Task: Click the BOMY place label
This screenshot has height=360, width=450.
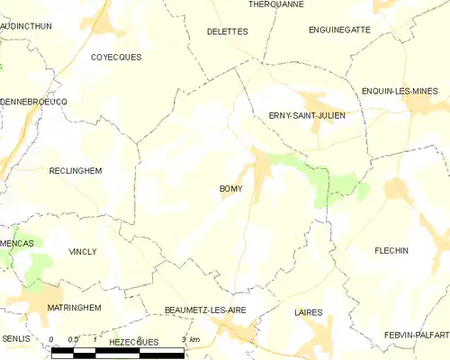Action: (229, 189)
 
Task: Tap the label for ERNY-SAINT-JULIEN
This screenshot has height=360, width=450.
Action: (307, 115)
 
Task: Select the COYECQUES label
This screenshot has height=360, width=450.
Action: (117, 57)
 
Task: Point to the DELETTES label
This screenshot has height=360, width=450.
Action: (227, 31)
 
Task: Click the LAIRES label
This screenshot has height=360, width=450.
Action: (308, 312)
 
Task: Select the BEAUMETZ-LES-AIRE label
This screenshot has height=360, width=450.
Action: (205, 310)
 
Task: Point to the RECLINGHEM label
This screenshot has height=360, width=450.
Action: (76, 170)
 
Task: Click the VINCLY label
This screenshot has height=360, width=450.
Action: (82, 252)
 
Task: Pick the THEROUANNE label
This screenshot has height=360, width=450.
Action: (275, 4)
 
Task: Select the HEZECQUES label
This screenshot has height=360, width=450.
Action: (133, 342)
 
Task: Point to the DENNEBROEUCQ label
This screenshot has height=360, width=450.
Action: (33, 102)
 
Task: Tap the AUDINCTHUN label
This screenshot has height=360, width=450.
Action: (26, 27)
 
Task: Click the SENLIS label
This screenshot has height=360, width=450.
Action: (15, 337)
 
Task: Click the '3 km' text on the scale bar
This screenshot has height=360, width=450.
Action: (191, 339)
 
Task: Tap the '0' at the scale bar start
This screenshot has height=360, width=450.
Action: (51, 339)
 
